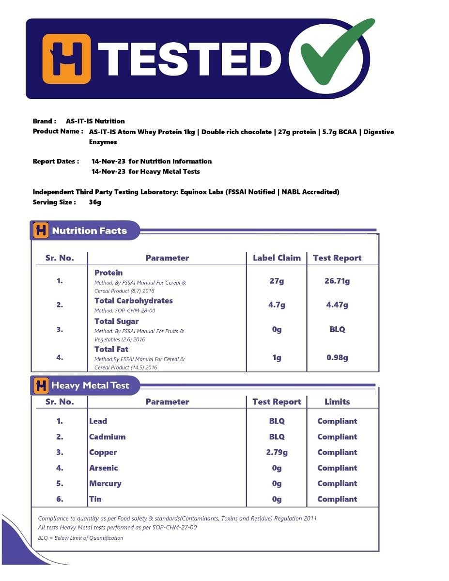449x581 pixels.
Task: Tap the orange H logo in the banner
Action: [x=66, y=59]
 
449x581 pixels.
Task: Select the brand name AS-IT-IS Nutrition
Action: [x=95, y=121]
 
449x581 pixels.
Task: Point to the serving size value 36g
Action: [x=95, y=202]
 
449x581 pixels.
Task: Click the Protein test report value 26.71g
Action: [x=337, y=281]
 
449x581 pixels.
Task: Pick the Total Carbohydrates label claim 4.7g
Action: [x=277, y=305]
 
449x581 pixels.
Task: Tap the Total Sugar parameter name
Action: [x=116, y=321]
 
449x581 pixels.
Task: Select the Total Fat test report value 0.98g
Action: [x=337, y=358]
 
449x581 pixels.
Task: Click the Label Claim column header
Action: [x=277, y=258]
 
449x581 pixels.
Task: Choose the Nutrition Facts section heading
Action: [x=89, y=231]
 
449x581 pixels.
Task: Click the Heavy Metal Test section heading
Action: [x=90, y=386]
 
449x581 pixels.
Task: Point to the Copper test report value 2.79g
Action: [x=277, y=453]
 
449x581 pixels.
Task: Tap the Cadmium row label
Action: [x=107, y=437]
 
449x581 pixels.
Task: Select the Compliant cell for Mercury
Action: [x=337, y=484]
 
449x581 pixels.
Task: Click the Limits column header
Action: [x=337, y=402]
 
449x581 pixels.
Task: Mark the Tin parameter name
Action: [x=95, y=499]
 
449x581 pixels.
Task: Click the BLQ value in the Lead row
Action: [x=277, y=421]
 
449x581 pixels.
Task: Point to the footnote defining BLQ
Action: [x=80, y=538]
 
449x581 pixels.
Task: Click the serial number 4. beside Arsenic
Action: [x=60, y=468]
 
